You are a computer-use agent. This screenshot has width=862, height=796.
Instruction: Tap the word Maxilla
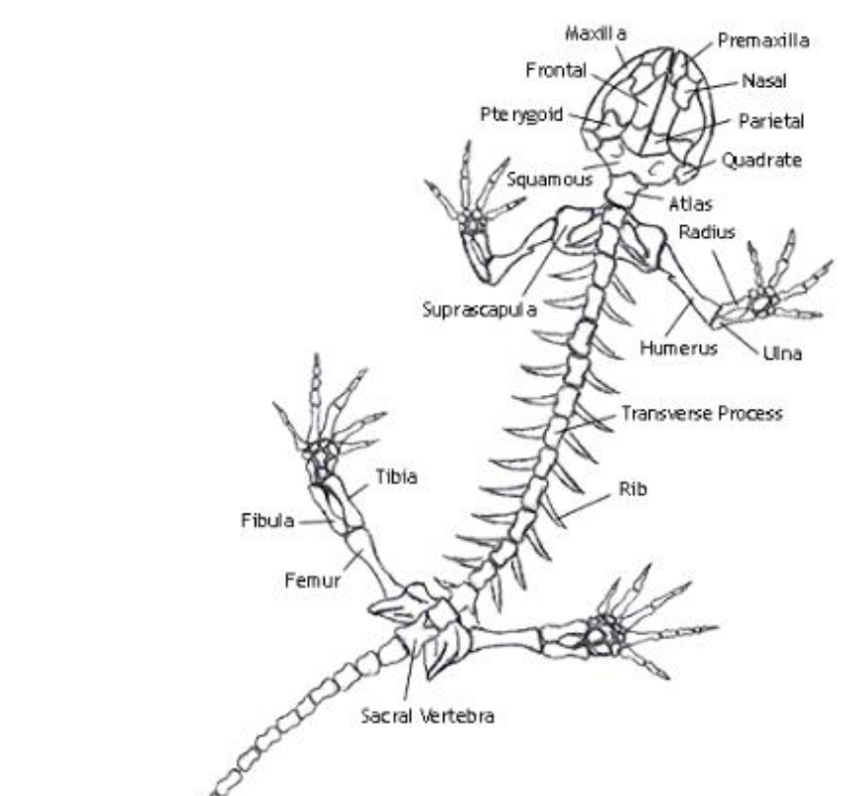595,33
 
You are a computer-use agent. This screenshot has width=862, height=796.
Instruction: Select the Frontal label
556,71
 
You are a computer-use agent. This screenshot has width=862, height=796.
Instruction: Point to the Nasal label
763,83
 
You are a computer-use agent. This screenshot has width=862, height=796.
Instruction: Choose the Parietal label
771,121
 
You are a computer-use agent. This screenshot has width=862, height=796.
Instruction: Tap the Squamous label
550,180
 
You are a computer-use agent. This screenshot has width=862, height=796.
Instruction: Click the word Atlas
691,204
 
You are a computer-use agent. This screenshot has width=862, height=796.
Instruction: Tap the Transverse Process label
702,414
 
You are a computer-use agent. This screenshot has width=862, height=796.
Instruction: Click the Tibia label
396,477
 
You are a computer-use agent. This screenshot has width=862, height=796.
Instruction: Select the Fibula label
268,521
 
